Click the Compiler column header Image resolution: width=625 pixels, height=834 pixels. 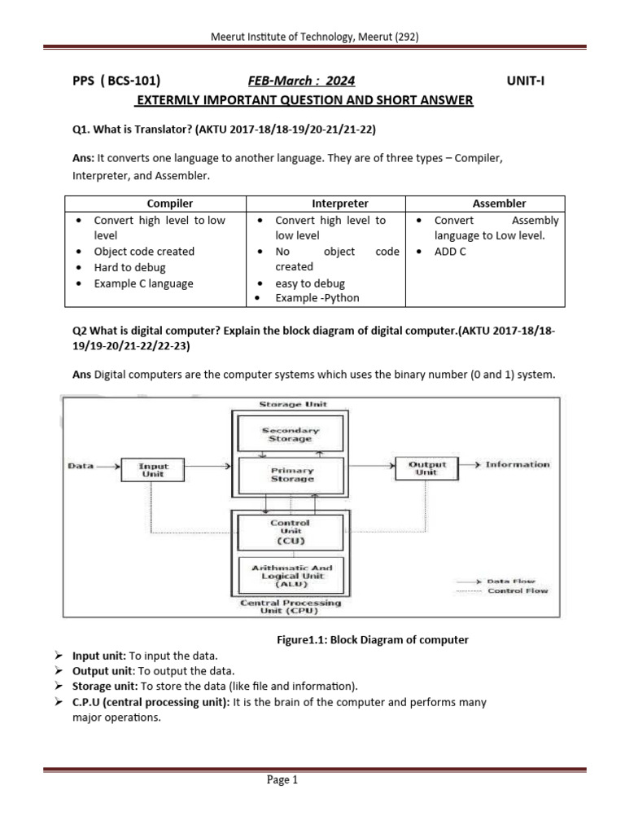tap(169, 204)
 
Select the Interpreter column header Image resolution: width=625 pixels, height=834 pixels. tap(340, 204)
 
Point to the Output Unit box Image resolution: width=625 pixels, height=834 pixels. tap(426, 467)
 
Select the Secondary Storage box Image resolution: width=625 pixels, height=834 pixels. tap(291, 434)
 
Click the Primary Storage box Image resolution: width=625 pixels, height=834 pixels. tap(291, 474)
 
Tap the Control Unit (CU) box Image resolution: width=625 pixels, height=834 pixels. tap(290, 531)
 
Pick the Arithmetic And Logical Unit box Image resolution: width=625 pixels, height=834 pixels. tap(291, 573)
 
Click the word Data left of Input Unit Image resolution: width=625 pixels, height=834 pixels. tap(80, 466)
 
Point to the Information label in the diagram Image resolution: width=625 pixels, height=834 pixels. tap(517, 464)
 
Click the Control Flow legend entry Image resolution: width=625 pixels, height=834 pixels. tap(518, 590)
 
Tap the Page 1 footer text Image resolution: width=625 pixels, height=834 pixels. tap(283, 780)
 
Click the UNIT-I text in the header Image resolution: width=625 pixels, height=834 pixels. tap(531, 81)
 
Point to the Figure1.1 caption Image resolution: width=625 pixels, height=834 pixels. tap(373, 639)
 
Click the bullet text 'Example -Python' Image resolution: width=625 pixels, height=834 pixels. tap(317, 298)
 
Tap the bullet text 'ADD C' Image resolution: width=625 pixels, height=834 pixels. tap(450, 252)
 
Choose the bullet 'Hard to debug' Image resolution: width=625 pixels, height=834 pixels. tap(129, 267)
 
